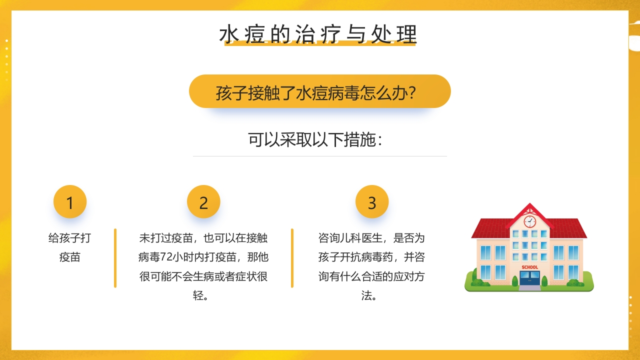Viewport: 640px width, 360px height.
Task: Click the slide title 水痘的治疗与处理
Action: point(318,34)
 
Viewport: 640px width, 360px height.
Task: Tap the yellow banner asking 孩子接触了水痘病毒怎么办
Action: point(320,92)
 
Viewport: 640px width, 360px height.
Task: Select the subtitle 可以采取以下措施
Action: point(315,140)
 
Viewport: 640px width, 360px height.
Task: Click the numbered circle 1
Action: point(70,202)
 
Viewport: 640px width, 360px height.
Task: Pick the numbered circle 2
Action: point(203,202)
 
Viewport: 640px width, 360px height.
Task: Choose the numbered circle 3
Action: point(372,202)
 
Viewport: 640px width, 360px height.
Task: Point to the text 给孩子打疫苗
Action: point(70,247)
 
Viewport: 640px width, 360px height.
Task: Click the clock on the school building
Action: point(529,221)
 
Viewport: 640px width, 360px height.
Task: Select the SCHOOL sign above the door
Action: point(529,267)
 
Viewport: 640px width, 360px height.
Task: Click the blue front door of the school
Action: point(529,278)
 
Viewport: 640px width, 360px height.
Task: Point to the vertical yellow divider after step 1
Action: point(115,258)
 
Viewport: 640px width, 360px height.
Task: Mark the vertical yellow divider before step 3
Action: point(292,258)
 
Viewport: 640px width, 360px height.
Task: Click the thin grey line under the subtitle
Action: point(320,156)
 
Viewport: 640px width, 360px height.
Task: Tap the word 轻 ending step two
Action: point(198,295)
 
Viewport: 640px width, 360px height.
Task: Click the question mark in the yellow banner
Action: point(412,92)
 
